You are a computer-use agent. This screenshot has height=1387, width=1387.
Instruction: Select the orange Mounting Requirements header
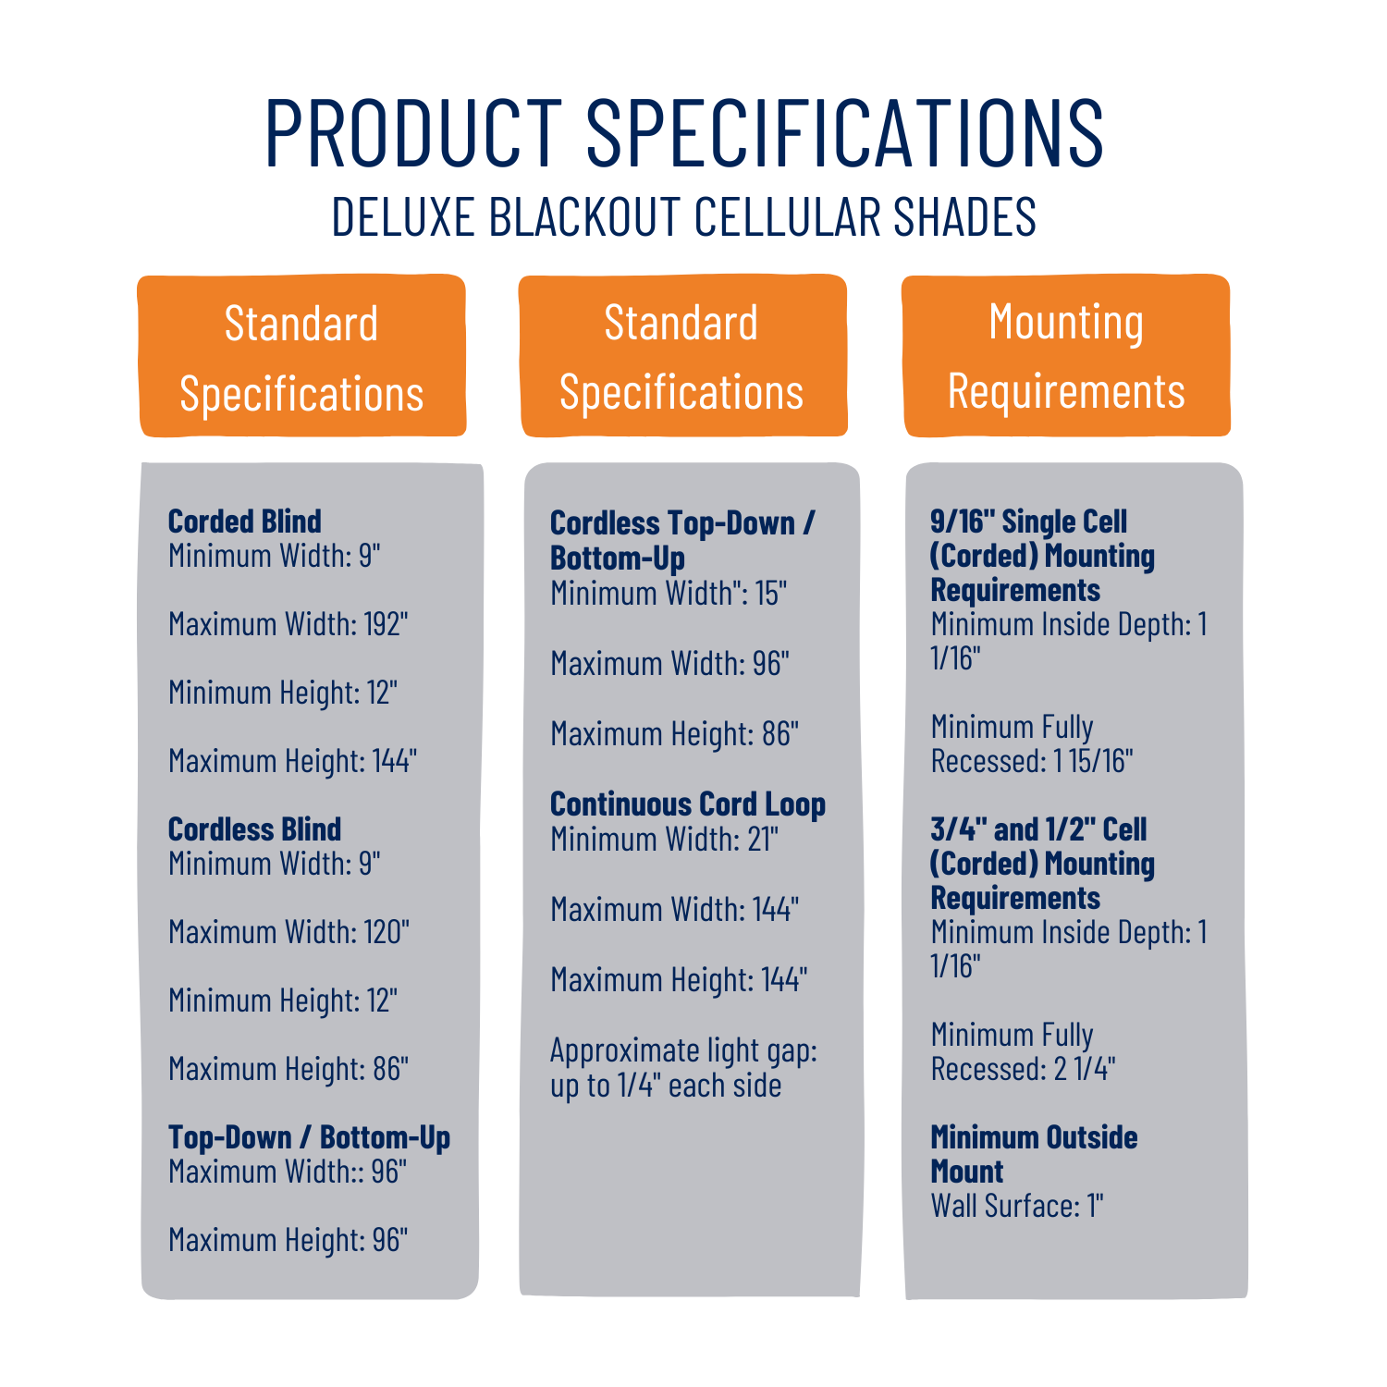1066,356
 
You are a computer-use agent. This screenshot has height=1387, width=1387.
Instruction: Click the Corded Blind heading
245,522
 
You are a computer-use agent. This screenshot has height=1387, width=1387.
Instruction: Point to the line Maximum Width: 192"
288,624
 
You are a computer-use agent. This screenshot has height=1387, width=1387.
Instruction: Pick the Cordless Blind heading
254,829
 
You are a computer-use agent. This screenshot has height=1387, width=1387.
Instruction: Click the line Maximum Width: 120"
288,932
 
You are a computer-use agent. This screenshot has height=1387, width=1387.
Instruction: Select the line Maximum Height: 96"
288,1240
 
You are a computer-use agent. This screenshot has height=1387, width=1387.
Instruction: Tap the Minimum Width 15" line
669,594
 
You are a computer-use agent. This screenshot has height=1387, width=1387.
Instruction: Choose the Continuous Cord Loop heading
688,805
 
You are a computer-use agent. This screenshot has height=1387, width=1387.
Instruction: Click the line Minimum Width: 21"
665,840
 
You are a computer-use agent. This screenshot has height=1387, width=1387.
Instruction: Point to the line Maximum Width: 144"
675,910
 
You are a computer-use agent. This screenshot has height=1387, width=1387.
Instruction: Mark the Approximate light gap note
684,1068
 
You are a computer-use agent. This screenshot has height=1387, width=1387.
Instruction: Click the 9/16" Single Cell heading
1043,556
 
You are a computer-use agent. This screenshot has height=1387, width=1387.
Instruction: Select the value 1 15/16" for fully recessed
1094,762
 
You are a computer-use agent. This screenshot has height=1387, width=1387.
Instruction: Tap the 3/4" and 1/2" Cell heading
1043,864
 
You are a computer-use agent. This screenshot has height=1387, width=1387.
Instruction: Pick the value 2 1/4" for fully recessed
1085,1070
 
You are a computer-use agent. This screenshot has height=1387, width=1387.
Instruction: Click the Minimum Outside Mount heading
1034,1154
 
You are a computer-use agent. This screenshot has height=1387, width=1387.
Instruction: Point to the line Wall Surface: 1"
1017,1206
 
